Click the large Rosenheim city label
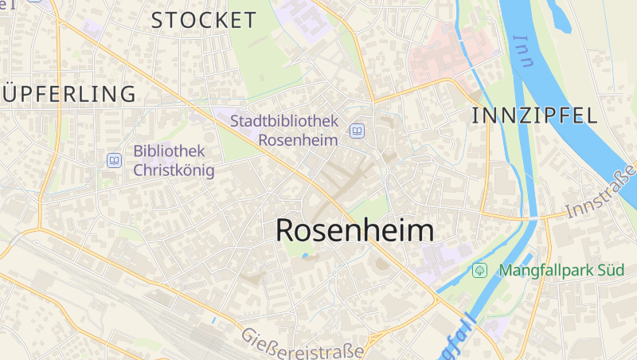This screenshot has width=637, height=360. pos(355,230)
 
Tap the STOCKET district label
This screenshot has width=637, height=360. pos(204,21)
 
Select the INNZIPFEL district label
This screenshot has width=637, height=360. pos(534,115)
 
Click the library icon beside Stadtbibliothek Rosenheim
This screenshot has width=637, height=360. pos(358,131)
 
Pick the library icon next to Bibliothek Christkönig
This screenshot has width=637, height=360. pos(115,161)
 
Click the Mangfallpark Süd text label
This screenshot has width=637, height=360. pos(561,270)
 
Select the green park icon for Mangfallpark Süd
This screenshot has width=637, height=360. pos(479,270)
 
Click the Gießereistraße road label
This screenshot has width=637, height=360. pos(303,342)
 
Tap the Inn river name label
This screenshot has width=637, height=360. pos(523,52)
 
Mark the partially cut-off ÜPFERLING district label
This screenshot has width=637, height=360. pos(68,94)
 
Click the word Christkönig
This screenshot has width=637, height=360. pos(174,170)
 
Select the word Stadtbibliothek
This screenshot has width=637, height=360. pos(284,121)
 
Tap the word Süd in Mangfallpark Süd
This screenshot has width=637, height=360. pos(609,270)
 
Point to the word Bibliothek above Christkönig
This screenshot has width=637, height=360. pos(170,151)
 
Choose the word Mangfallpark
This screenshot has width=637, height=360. pos(545,270)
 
